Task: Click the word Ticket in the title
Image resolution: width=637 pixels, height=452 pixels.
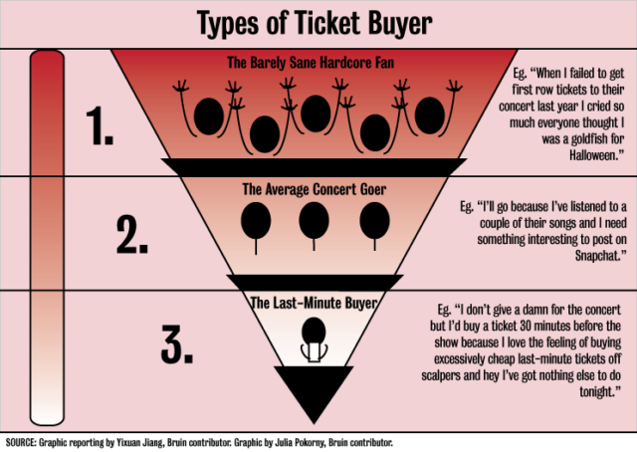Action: [327, 22]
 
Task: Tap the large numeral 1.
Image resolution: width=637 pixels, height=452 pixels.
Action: [100, 125]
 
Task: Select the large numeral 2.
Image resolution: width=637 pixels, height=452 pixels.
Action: [132, 235]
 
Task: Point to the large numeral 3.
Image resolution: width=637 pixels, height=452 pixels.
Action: [177, 343]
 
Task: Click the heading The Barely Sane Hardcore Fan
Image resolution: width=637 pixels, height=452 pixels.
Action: [311, 63]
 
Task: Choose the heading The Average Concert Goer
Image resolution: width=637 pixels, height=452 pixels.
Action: [315, 189]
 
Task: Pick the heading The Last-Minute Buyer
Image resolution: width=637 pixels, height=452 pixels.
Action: [314, 303]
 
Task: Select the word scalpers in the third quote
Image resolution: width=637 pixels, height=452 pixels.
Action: [441, 375]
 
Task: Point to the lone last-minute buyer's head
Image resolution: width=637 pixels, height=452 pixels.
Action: [314, 331]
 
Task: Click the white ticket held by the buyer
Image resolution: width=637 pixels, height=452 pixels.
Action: [314, 352]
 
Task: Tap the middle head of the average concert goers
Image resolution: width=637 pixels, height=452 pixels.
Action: [314, 221]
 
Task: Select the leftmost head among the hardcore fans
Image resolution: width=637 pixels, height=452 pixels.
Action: [209, 116]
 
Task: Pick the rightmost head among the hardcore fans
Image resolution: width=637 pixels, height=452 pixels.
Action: [429, 115]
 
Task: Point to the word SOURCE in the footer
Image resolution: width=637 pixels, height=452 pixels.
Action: [21, 443]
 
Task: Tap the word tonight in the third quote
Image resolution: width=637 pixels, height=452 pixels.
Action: [600, 391]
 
